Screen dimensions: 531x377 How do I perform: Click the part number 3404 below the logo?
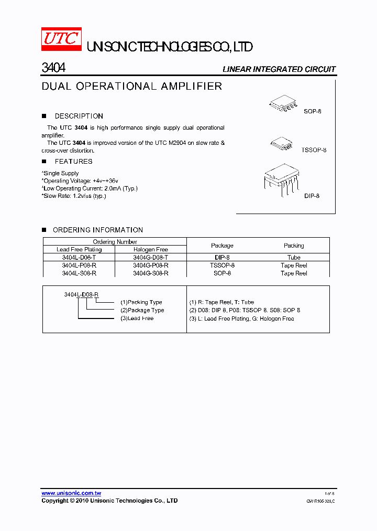click(x=53, y=68)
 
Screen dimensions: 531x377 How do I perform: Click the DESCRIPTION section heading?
click(x=79, y=116)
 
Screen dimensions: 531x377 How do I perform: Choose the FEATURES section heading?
click(x=73, y=162)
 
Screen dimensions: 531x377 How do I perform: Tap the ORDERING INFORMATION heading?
click(x=97, y=230)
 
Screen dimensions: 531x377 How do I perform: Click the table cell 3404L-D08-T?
click(x=79, y=258)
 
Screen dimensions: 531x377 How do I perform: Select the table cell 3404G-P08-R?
click(x=150, y=265)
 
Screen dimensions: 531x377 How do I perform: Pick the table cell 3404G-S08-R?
click(x=150, y=273)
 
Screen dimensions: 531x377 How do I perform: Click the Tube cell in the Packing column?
click(x=294, y=258)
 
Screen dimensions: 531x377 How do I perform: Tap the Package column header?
click(x=222, y=246)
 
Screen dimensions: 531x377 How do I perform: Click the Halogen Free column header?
click(x=150, y=250)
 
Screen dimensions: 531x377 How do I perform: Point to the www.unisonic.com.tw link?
click(x=71, y=493)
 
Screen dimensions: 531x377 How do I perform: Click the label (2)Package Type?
click(x=142, y=310)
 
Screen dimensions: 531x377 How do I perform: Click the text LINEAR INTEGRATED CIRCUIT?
click(x=279, y=69)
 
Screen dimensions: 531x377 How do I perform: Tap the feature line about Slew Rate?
click(x=74, y=196)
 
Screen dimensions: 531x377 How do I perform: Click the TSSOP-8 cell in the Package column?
click(x=222, y=265)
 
